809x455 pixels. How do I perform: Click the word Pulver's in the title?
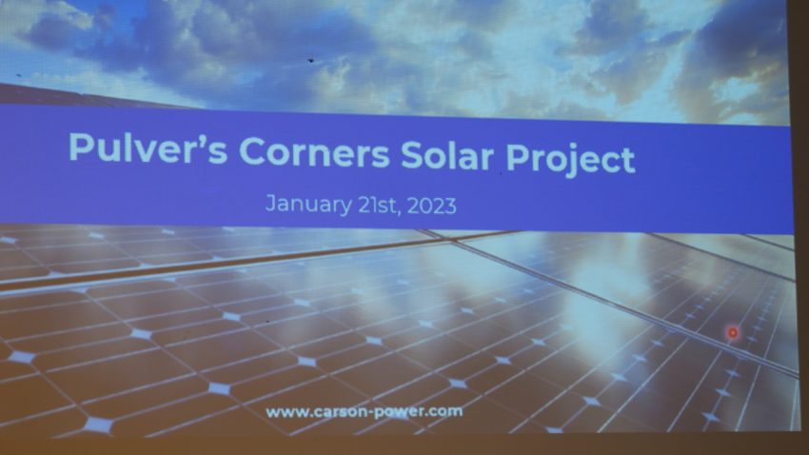148,149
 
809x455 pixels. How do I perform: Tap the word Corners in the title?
314,152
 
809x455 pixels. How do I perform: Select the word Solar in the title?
446,155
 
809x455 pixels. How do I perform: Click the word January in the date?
308,205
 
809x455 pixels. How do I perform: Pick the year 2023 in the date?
432,206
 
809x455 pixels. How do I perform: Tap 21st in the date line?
377,205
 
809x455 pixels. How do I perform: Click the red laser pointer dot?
732,333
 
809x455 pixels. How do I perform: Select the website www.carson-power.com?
365,412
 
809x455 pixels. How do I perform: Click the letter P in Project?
518,157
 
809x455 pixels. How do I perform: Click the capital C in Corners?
253,151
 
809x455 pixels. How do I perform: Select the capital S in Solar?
413,155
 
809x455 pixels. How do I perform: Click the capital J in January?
271,204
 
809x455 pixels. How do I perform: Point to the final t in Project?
628,161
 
